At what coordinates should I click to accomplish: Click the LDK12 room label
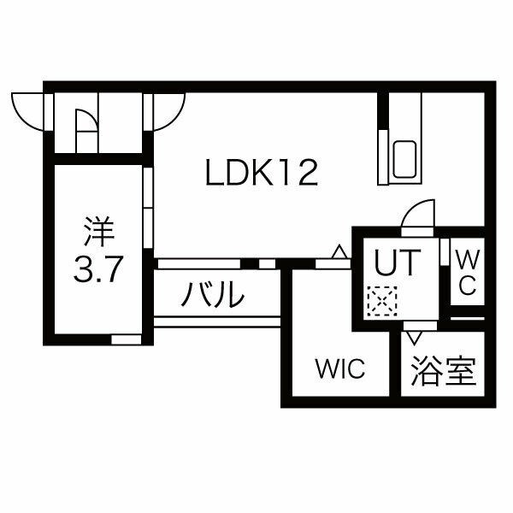262,174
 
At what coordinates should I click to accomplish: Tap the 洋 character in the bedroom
97,232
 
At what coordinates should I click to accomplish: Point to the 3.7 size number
97,271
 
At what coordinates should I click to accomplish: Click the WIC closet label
339,370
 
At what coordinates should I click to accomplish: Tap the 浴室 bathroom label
442,372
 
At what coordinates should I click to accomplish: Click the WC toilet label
466,272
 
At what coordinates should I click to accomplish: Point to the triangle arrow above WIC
339,252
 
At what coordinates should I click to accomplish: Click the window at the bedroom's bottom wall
126,339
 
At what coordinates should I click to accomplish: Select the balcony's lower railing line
217,322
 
